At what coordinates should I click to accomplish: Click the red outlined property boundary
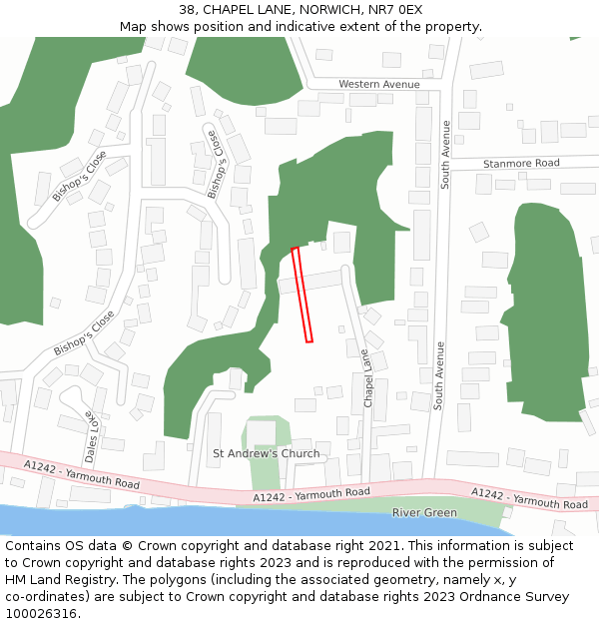[x=302, y=295]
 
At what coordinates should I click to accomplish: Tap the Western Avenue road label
[x=379, y=85]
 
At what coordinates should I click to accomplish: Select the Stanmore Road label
[x=521, y=163]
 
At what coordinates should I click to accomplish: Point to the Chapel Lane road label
[x=367, y=378]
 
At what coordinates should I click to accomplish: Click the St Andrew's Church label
[x=267, y=453]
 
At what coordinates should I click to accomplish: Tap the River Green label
[x=424, y=513]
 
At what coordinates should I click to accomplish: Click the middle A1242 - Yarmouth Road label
[x=311, y=494]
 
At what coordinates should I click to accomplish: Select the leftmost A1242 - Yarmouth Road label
[x=83, y=472]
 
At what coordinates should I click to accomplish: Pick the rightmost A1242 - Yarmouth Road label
[x=529, y=498]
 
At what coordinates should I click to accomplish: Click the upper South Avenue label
[x=446, y=154]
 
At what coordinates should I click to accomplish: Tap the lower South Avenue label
[x=438, y=376]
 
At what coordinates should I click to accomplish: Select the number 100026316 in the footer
[x=41, y=614]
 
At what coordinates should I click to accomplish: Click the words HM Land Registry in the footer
[x=55, y=580]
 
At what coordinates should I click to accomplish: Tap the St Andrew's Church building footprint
[x=262, y=433]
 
